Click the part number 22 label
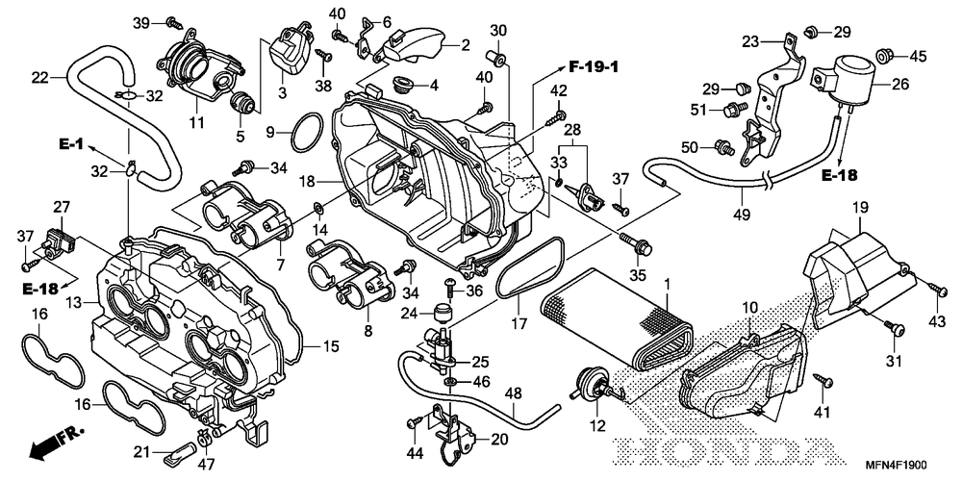click(39, 77)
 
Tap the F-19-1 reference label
click(594, 67)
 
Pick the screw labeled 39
click(173, 23)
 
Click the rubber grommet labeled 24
click(443, 312)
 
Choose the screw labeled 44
click(415, 421)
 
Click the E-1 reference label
click(70, 145)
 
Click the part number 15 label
click(331, 346)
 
